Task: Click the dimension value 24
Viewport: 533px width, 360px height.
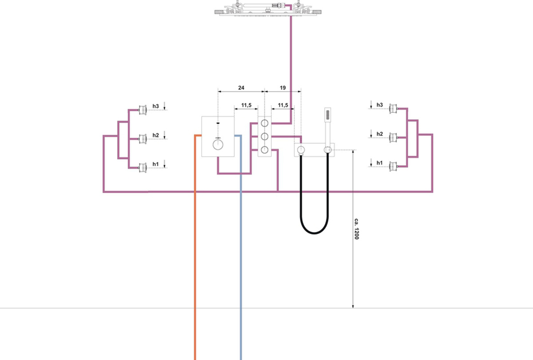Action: (241, 88)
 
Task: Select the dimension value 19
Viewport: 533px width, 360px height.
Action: (282, 88)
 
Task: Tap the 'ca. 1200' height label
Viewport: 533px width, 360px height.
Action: (356, 229)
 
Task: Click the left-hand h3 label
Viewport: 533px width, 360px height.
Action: (155, 106)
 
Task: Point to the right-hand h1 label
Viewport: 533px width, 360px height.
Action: (379, 163)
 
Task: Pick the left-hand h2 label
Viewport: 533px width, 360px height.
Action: (155, 135)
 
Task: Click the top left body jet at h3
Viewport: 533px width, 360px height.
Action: (143, 109)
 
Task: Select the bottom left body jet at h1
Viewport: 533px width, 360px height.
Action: (143, 168)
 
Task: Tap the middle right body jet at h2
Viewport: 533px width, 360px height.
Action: (393, 138)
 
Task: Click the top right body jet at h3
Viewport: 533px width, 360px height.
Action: (393, 108)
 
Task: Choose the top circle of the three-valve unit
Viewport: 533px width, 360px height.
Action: (265, 123)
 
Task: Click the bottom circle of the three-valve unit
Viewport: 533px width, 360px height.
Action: (265, 150)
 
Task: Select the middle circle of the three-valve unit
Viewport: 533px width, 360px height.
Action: (265, 136)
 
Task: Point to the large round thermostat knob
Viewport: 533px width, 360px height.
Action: (218, 145)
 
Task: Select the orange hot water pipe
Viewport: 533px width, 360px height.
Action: (195, 266)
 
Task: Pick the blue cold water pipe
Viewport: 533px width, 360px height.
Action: (240, 266)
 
